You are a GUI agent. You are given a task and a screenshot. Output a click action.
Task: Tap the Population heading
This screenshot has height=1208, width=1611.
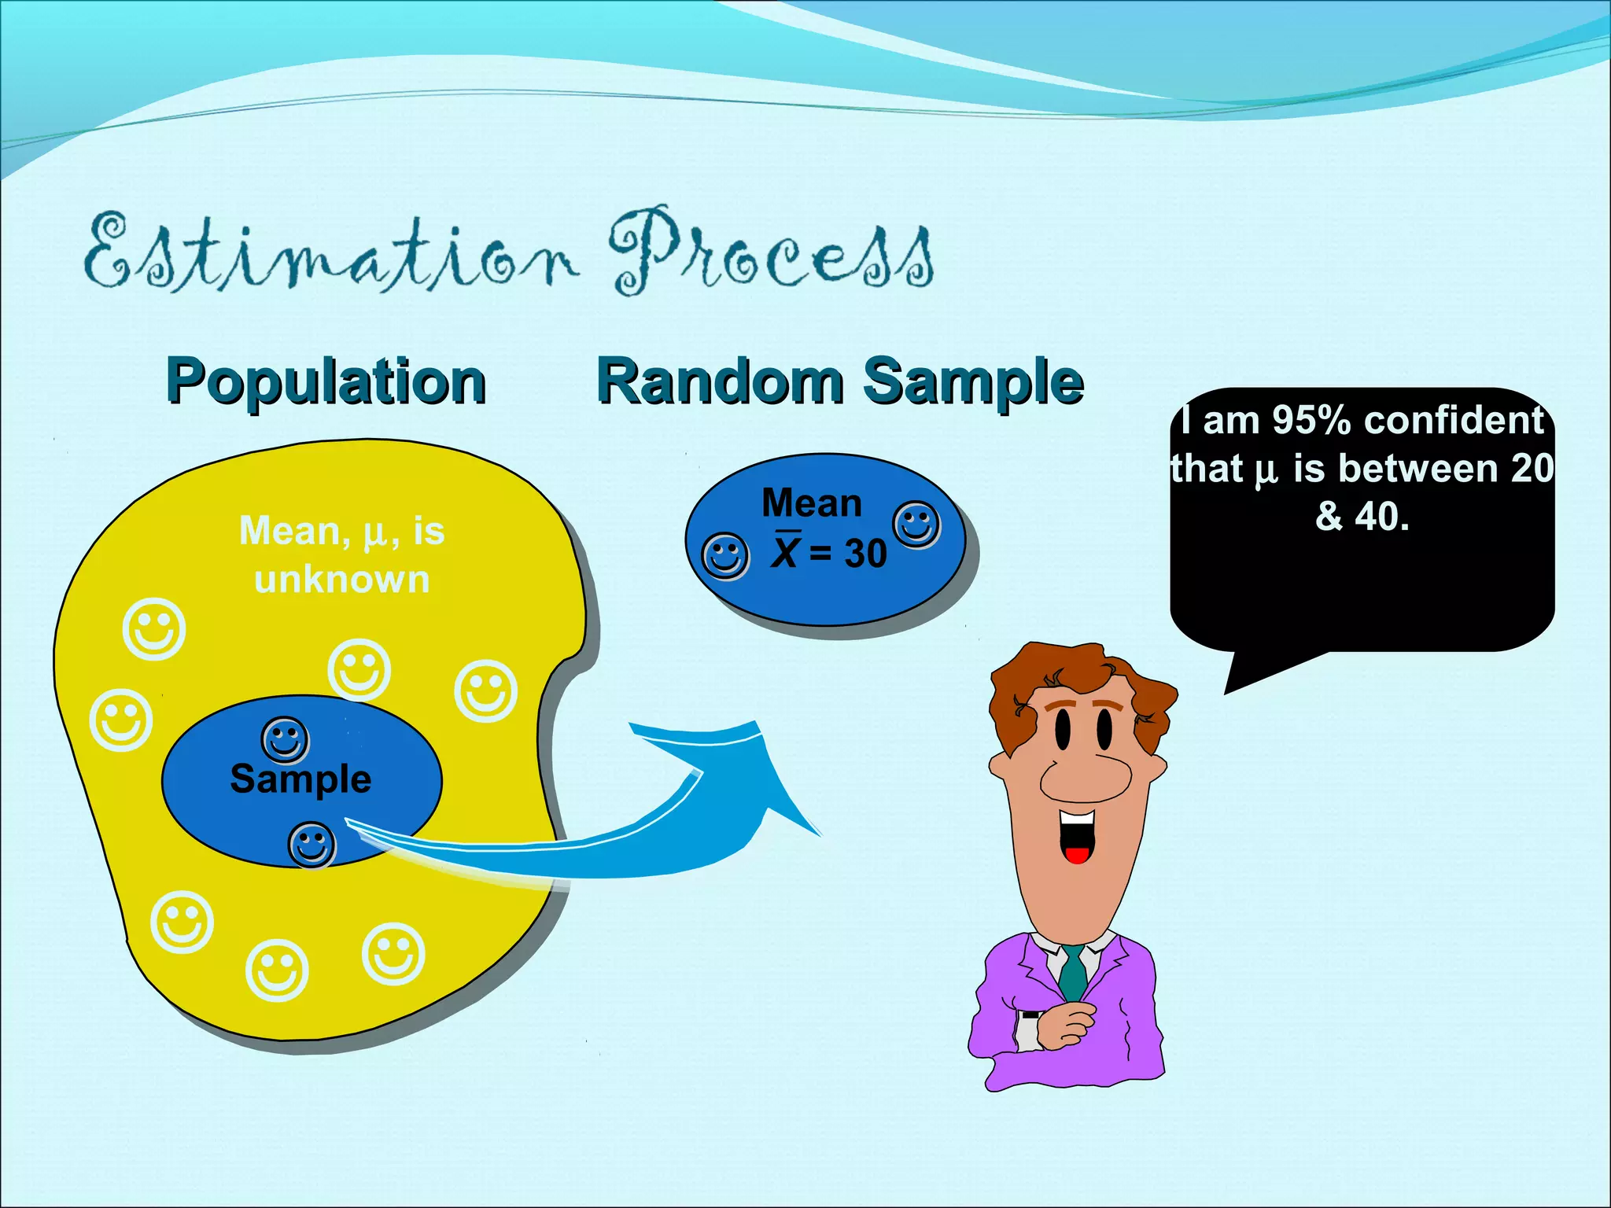coord(326,382)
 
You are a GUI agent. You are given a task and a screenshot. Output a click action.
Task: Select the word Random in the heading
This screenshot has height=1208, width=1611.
coord(720,382)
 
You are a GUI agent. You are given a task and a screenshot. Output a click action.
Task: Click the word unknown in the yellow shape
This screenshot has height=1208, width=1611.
coord(341,580)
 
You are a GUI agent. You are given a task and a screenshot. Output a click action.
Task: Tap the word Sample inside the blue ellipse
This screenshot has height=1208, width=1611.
coord(300,779)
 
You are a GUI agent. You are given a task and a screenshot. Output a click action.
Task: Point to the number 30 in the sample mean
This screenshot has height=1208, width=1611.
coord(865,554)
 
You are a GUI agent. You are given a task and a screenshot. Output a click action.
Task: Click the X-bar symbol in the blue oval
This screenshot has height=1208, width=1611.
coord(786,551)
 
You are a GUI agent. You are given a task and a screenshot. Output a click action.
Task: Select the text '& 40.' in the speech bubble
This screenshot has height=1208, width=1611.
coord(1362,517)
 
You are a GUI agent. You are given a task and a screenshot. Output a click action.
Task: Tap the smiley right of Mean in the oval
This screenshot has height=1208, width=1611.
coord(916,525)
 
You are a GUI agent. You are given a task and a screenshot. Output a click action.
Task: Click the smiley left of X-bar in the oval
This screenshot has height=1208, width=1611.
coord(724,557)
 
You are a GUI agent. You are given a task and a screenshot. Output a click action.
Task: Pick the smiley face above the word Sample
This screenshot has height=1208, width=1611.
coord(285,740)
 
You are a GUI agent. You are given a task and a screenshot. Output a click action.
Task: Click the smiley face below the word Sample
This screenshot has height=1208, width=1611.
coord(312,845)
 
